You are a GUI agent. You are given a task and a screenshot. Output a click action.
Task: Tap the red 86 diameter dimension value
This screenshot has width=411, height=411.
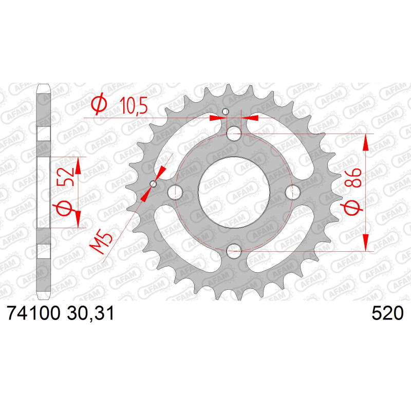click(x=353, y=178)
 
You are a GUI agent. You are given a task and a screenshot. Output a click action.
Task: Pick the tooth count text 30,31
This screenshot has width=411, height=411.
click(x=90, y=313)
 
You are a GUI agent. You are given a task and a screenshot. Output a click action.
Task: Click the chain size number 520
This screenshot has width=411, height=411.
click(x=388, y=313)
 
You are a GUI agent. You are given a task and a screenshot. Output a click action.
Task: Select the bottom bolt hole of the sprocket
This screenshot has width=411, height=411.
click(x=234, y=251)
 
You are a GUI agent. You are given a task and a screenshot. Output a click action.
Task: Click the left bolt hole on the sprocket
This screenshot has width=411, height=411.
click(x=175, y=192)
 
